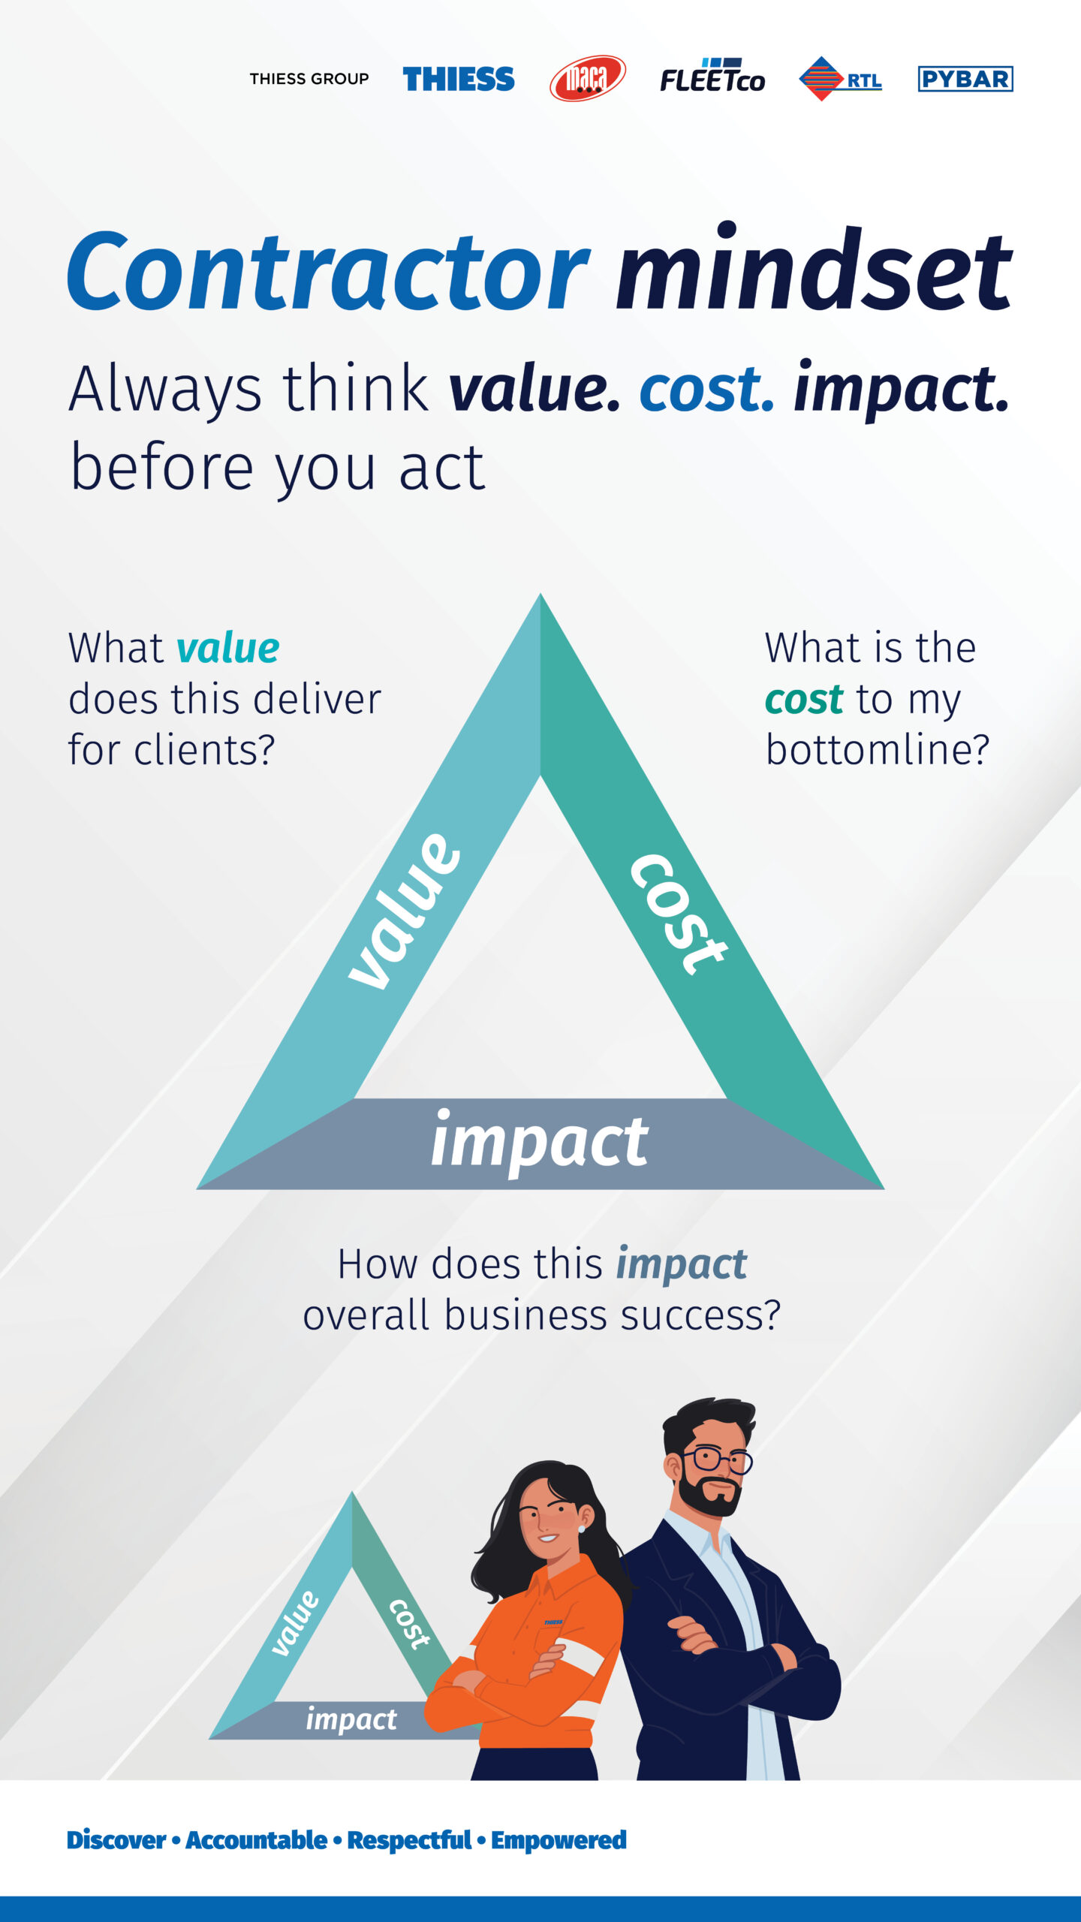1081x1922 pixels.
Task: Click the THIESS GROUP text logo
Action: click(x=309, y=79)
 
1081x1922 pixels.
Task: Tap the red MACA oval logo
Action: click(x=588, y=78)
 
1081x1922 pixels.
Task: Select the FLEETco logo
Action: click(x=712, y=75)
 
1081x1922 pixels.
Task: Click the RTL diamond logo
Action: click(x=840, y=78)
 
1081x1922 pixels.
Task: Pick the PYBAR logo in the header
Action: click(x=965, y=79)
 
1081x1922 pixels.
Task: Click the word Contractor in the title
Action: click(x=329, y=271)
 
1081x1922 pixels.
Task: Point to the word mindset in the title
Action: click(x=815, y=268)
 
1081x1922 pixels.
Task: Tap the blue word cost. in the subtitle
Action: click(x=706, y=389)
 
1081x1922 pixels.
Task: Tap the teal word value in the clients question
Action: click(x=227, y=648)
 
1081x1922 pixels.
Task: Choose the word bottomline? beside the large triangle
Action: click(x=878, y=749)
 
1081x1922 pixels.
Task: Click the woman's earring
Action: click(x=581, y=1528)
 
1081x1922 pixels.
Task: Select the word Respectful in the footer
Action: click(x=409, y=1840)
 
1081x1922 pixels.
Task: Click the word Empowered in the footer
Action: click(x=559, y=1840)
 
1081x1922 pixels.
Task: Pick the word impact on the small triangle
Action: click(x=351, y=1720)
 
